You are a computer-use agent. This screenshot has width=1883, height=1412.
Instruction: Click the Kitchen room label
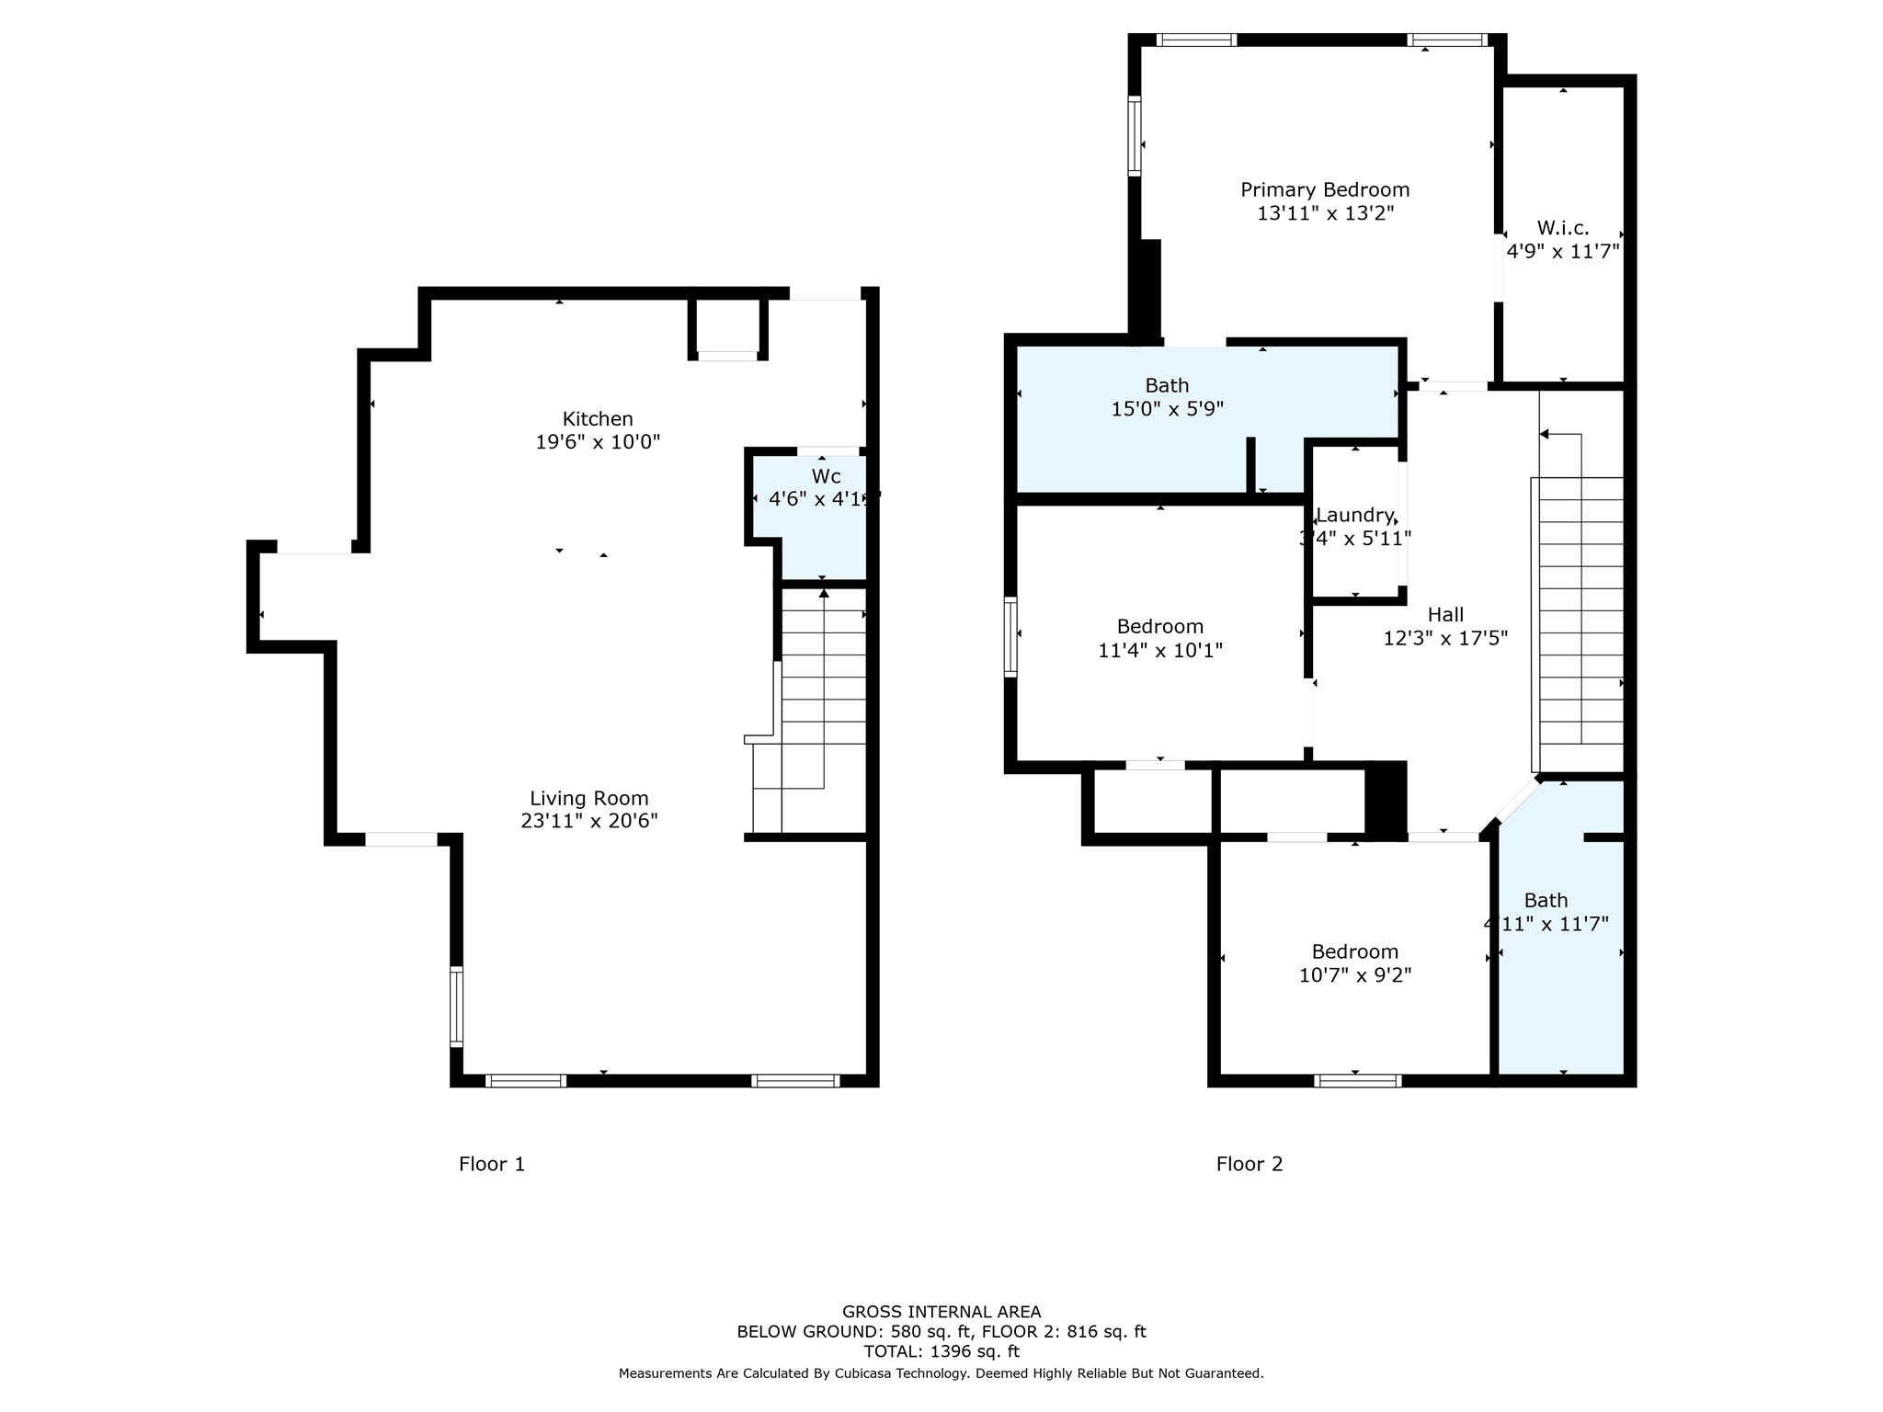[598, 419]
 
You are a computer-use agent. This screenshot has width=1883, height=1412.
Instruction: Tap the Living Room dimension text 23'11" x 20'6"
[588, 821]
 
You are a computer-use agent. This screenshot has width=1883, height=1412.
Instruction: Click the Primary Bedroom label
[1324, 190]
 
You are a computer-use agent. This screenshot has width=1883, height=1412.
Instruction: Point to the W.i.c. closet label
[1562, 229]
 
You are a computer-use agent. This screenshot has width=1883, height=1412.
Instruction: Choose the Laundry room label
[1354, 516]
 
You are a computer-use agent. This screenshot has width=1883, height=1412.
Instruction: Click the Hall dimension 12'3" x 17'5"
[1444, 638]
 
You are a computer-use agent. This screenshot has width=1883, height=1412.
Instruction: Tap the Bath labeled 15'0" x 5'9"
[1166, 386]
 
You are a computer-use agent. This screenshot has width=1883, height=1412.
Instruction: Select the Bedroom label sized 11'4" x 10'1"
[1159, 627]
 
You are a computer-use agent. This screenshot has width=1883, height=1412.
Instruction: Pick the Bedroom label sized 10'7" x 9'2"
[1354, 952]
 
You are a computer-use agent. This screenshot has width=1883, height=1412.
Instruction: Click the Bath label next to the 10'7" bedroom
[1546, 901]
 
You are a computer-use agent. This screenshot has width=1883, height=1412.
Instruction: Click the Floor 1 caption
[491, 1165]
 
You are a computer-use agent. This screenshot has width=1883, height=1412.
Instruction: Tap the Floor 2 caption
[1249, 1165]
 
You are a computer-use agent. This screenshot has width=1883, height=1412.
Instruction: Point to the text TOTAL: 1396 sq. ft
[941, 1351]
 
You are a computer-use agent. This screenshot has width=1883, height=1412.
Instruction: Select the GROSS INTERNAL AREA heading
[941, 1312]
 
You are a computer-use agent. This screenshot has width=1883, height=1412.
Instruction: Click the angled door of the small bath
[1517, 801]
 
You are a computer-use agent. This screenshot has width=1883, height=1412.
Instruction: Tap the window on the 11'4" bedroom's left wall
[1010, 636]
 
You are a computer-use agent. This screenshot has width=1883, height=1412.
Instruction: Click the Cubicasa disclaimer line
[941, 1373]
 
